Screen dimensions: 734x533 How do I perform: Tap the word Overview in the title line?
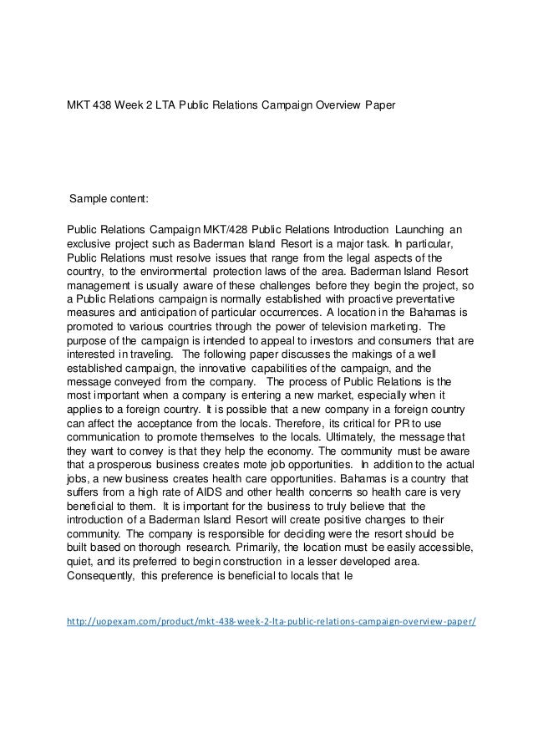[329, 106]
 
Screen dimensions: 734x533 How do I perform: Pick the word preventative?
[417, 299]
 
